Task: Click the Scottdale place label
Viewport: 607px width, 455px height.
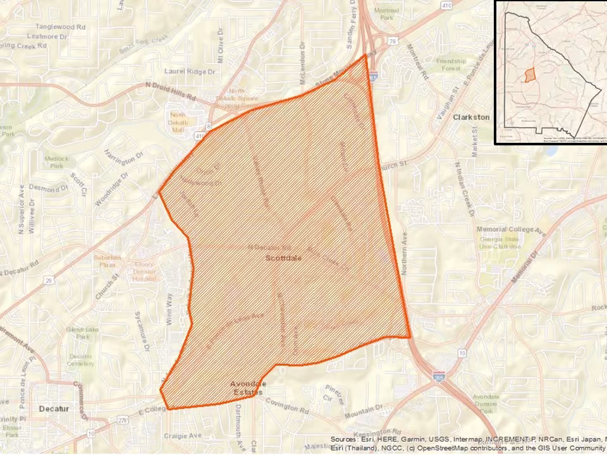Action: pyautogui.click(x=283, y=258)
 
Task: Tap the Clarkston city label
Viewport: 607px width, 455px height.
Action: pyautogui.click(x=471, y=117)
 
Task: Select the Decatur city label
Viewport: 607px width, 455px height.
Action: pyautogui.click(x=53, y=409)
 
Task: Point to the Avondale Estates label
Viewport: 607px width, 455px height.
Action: pyautogui.click(x=248, y=388)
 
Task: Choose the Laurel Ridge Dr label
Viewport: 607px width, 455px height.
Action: pyautogui.click(x=190, y=72)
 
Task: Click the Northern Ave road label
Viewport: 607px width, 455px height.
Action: pyautogui.click(x=404, y=253)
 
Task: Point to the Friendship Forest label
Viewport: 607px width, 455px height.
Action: pyautogui.click(x=451, y=64)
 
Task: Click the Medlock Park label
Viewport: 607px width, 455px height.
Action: pyautogui.click(x=54, y=162)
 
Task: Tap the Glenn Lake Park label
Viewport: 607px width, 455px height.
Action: pyautogui.click(x=80, y=333)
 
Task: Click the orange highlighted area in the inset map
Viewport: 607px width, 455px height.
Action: pyautogui.click(x=529, y=75)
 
